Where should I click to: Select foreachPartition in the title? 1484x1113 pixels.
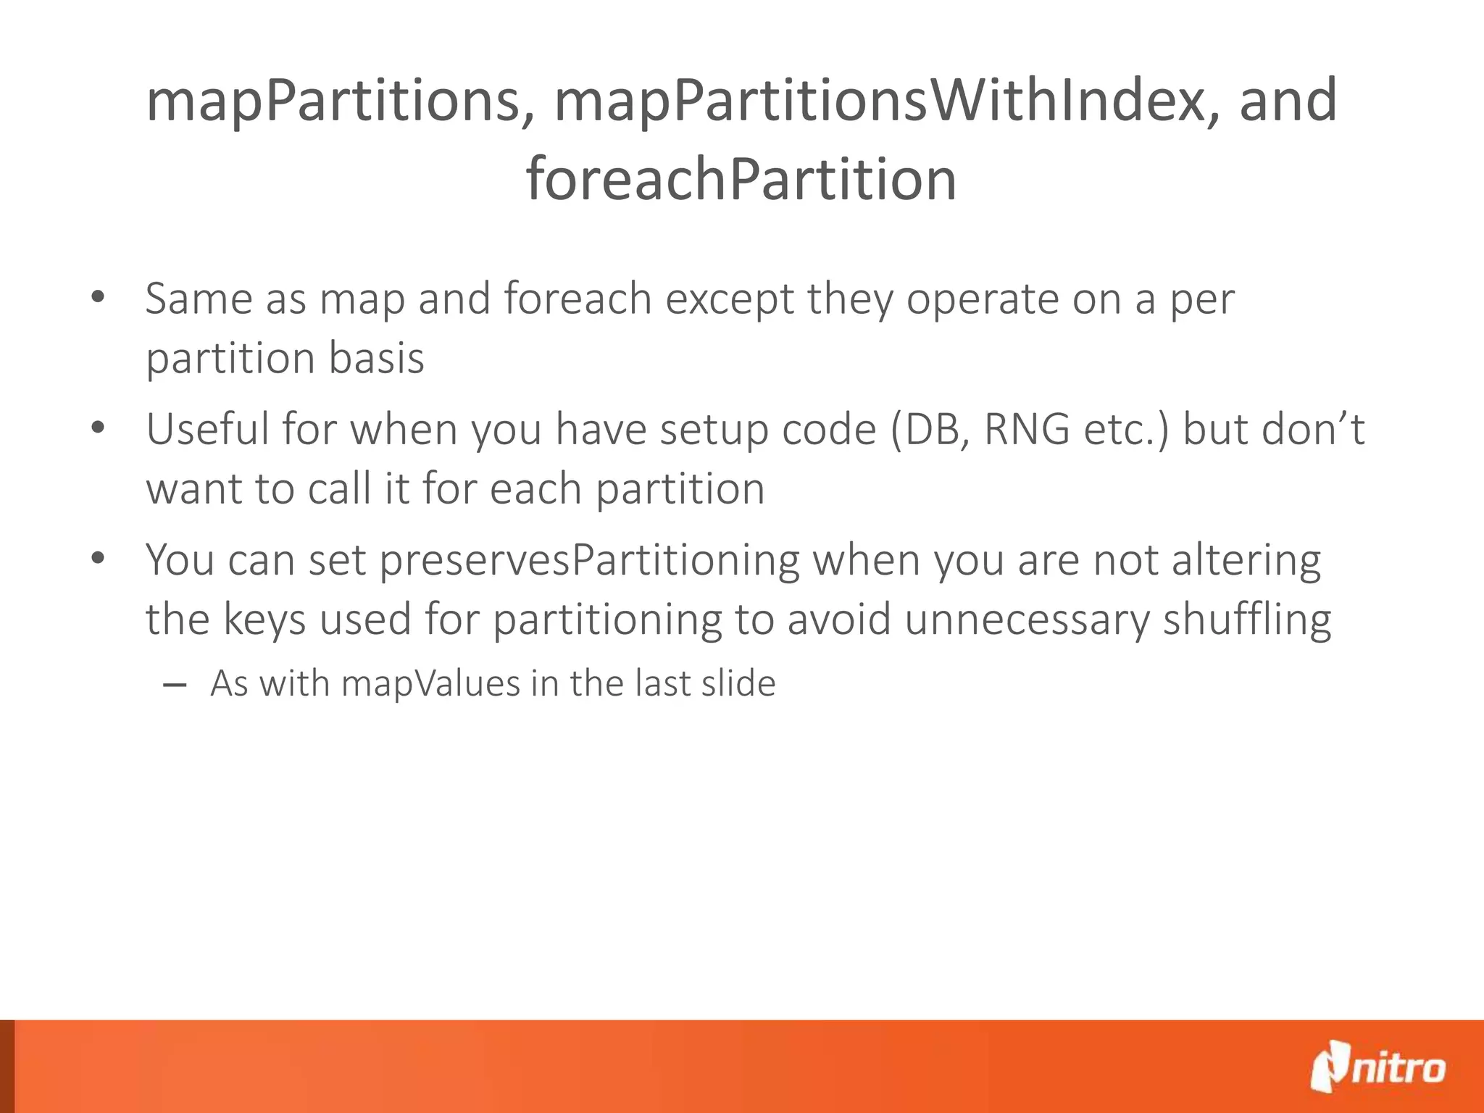[741, 180]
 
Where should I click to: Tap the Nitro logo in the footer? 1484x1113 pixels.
[1377, 1066]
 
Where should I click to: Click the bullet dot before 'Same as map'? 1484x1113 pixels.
[99, 297]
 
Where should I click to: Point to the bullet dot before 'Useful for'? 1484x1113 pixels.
[99, 428]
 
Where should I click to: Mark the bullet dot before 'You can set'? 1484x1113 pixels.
[99, 559]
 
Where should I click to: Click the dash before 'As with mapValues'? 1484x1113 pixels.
[175, 684]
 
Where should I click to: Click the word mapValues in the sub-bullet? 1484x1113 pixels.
[430, 683]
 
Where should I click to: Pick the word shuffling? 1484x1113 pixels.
[1246, 620]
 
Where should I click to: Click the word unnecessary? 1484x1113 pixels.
[1027, 620]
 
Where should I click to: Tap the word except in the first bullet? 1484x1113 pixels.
[730, 299]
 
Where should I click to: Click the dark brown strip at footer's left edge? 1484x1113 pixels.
[7, 1066]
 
